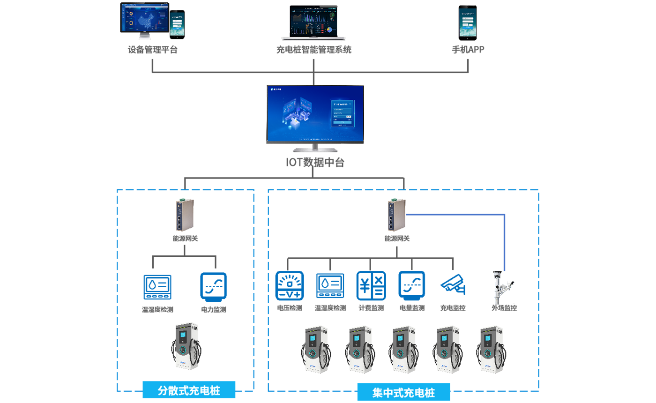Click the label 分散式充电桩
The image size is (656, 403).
189,390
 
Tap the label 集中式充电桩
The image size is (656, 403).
403,393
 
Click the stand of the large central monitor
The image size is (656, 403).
315,149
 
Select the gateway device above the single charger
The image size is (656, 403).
180,216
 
